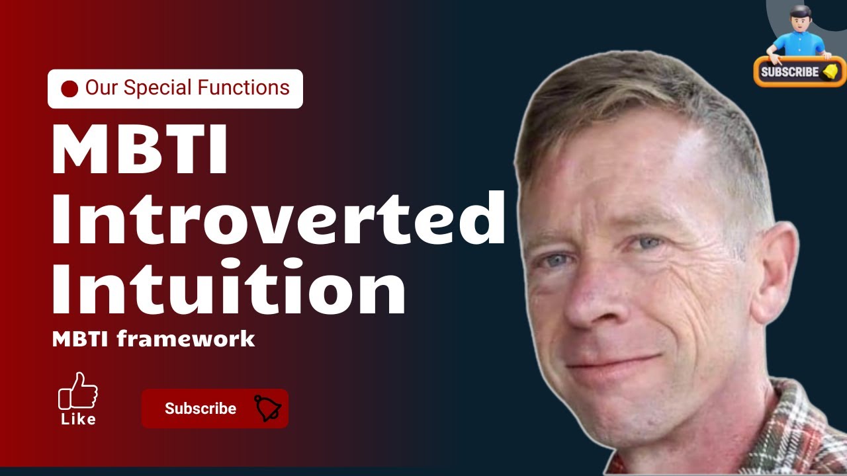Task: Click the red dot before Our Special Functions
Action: point(69,89)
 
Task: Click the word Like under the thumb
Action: point(78,419)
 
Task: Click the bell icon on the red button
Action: point(268,409)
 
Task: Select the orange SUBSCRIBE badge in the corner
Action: point(799,71)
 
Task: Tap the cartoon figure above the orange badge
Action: point(799,33)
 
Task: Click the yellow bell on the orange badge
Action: point(830,71)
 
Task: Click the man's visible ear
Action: point(774,271)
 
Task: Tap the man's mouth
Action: point(612,364)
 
